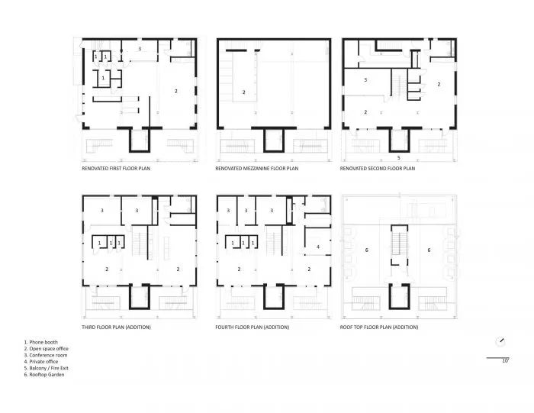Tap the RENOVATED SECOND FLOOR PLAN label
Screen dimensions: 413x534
click(x=378, y=169)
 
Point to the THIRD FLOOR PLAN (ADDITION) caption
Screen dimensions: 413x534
click(x=116, y=327)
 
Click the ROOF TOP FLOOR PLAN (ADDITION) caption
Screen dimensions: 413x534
click(x=380, y=327)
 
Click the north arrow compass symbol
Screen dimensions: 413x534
click(x=500, y=341)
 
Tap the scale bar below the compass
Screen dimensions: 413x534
click(x=497, y=357)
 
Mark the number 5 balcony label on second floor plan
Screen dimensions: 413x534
click(x=397, y=158)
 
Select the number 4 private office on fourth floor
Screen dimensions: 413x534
click(x=317, y=247)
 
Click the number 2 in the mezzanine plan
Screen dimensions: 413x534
click(x=244, y=92)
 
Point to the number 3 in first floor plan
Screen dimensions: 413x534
click(x=139, y=49)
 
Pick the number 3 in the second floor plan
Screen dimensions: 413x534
click(x=365, y=79)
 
